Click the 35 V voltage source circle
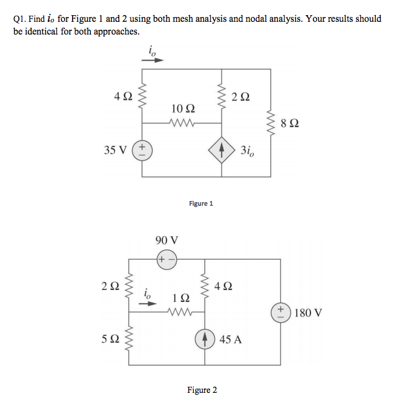tap(142, 150)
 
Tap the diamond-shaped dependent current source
tap(222, 150)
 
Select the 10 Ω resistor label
tap(183, 108)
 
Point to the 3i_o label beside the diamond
tap(248, 151)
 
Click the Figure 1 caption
tap(201, 203)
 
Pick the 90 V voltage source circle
tap(167, 260)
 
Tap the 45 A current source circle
tap(205, 339)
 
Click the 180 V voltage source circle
tap(280, 312)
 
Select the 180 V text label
tap(308, 312)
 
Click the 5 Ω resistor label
tap(110, 339)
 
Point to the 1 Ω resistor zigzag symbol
tap(180, 312)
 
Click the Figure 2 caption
tap(202, 390)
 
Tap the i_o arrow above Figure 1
tap(153, 60)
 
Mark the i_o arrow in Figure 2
tap(148, 303)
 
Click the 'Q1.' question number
tap(20, 19)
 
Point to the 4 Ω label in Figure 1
tap(123, 96)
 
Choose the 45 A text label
tap(231, 340)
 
